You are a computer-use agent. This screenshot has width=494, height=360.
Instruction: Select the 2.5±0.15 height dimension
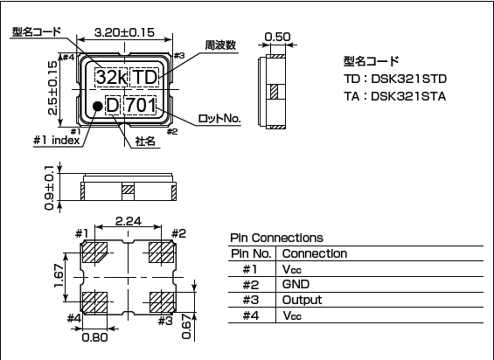[x=53, y=88]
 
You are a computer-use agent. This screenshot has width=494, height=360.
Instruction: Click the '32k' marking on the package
[x=112, y=77]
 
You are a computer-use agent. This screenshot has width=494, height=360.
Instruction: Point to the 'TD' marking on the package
[x=145, y=77]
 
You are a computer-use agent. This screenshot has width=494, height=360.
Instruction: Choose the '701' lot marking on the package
[x=142, y=107]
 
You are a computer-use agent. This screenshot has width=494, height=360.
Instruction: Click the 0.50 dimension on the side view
[x=276, y=38]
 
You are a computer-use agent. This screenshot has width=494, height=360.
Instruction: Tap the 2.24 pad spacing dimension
[x=128, y=222]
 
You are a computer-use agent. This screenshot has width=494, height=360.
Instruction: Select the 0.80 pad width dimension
[x=94, y=336]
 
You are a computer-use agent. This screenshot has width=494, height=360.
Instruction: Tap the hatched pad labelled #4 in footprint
[x=94, y=301]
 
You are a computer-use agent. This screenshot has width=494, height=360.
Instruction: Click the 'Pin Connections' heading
[x=275, y=238]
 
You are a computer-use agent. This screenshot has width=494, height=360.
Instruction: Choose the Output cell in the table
[x=301, y=300]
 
